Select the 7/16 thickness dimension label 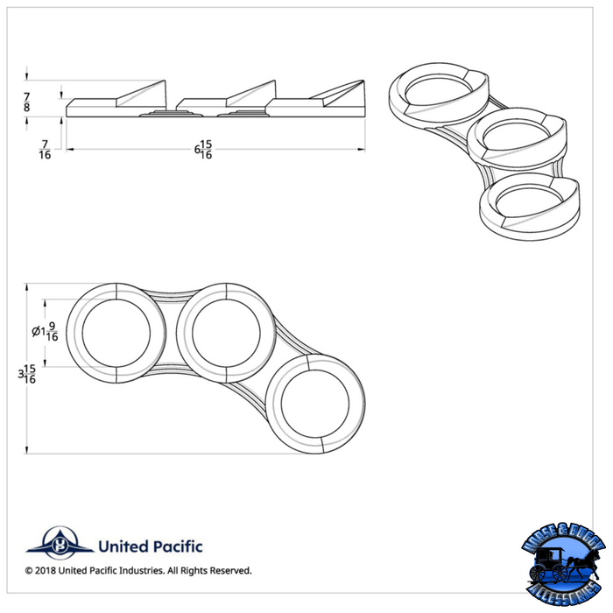(x=44, y=150)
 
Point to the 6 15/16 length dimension (x=203, y=150)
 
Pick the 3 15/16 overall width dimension (x=28, y=375)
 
